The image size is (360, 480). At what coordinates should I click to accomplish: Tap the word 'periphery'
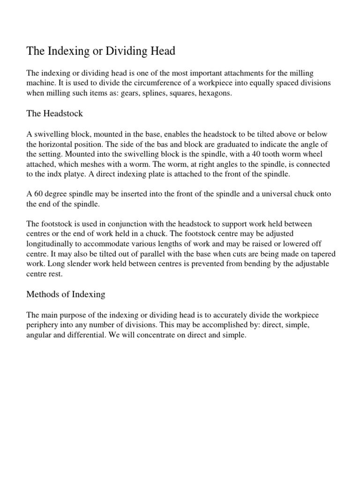[x=41, y=325]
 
